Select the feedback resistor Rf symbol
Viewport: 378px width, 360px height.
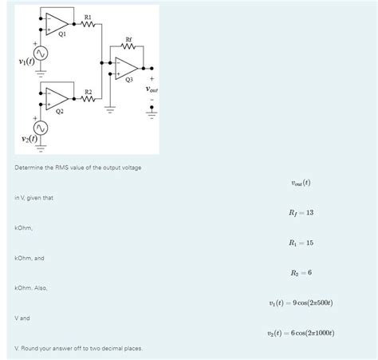coord(128,45)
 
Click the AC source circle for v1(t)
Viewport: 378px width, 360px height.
coord(38,53)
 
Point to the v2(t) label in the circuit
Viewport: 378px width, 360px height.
coord(19,140)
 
